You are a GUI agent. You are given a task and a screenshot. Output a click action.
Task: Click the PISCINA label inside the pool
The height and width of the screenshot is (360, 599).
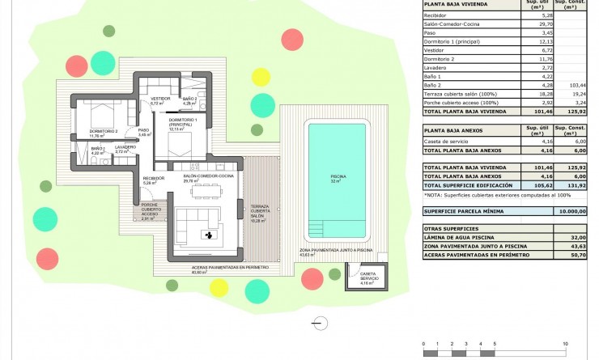338,176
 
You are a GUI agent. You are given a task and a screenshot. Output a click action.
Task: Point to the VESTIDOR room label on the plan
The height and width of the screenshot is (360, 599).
159,100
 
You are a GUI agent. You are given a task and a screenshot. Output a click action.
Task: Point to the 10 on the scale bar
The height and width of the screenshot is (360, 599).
575,343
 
